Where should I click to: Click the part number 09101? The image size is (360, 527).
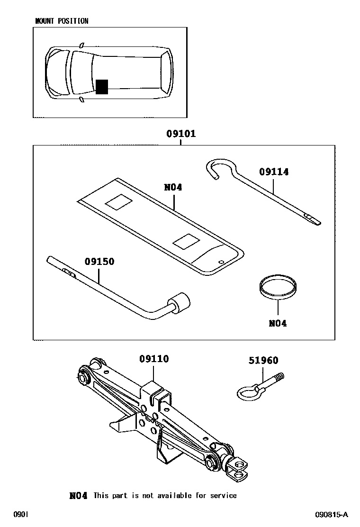coord(180,134)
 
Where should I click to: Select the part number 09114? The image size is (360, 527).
coord(274,172)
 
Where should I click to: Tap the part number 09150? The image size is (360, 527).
coord(99,261)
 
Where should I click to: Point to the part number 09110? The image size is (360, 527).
coord(154,359)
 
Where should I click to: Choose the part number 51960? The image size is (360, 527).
coord(263,361)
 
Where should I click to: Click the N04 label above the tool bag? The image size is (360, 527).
coord(173,187)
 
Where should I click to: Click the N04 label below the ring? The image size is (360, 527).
coord(278,324)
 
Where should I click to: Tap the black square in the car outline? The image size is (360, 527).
coord(102,87)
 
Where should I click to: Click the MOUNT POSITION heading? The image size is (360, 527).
coord(62,21)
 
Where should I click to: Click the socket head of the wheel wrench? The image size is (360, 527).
coord(180,302)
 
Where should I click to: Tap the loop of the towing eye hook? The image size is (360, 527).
coord(246,392)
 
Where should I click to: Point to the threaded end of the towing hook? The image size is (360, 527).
coord(279,378)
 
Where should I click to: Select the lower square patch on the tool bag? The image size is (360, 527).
coord(185,243)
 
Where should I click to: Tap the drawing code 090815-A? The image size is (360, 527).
coord(332,515)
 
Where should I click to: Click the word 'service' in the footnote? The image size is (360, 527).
coord(224,496)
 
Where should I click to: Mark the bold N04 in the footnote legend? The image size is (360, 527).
coord(78,496)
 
